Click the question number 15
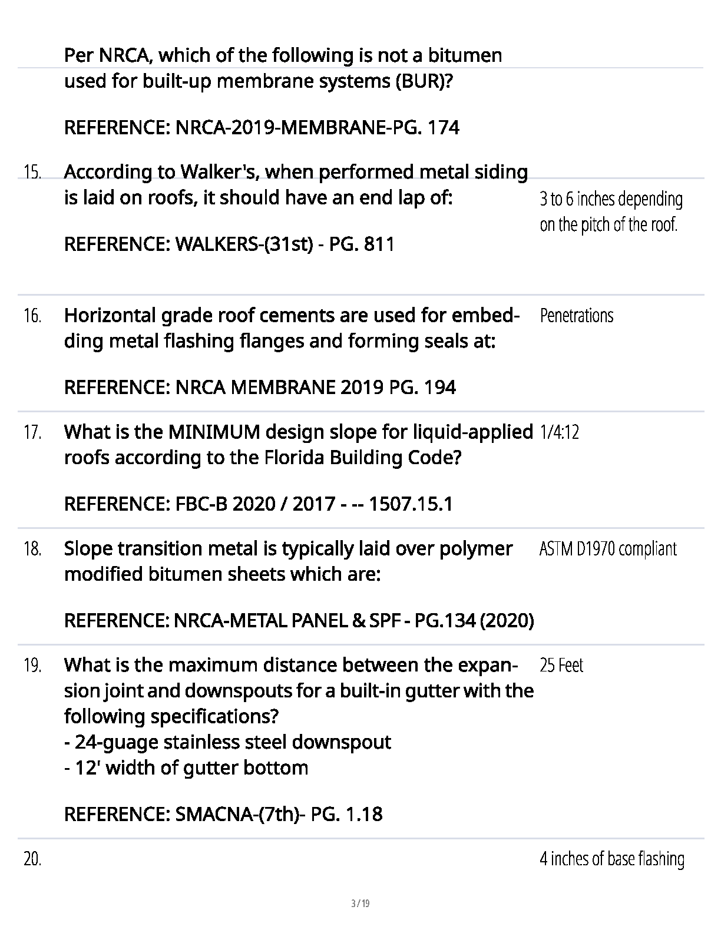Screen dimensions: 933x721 point(32,172)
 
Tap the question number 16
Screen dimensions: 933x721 point(32,316)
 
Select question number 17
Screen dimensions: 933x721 point(32,432)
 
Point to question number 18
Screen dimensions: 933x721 point(32,549)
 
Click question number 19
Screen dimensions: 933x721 point(32,666)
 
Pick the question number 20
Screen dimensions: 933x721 point(32,859)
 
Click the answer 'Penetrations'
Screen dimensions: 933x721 point(576,316)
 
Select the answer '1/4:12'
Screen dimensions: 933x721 point(559,432)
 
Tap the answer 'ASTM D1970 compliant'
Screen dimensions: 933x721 point(608,549)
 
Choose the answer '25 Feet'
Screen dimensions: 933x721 point(561,666)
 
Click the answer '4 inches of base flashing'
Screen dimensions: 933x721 point(612,859)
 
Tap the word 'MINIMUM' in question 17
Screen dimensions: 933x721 point(214,432)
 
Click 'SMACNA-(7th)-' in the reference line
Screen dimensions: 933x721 point(240,814)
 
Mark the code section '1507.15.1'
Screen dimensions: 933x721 point(411,504)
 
